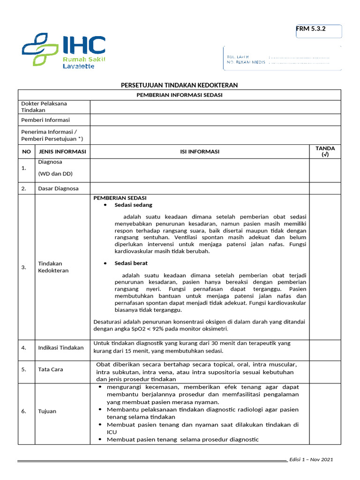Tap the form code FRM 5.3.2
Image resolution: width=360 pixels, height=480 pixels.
pos(311,29)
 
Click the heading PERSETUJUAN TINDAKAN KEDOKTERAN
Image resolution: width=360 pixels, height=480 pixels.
pos(180,85)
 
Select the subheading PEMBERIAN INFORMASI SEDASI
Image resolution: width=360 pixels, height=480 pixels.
pos(179,95)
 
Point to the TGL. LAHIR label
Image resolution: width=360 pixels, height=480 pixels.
pos(238,56)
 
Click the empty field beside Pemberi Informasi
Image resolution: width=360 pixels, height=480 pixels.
pos(215,120)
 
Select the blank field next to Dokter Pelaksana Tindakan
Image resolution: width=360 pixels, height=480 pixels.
pos(215,107)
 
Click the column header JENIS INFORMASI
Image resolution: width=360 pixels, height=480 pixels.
pos(62,151)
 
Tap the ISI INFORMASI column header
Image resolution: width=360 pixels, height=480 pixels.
pos(200,151)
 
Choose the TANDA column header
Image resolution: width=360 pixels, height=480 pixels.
pos(325,151)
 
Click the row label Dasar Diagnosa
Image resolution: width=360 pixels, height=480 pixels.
pos(58,188)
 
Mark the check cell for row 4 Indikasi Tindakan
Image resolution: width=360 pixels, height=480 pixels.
pos(325,347)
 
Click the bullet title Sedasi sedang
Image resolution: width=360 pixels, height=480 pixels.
pos(133,205)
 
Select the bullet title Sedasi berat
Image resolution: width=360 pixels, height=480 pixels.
pos(131,263)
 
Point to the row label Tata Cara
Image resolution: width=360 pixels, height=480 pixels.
pos(50,369)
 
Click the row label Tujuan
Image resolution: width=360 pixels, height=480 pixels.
pos(47,411)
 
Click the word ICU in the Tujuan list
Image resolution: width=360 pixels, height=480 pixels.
pos(112,432)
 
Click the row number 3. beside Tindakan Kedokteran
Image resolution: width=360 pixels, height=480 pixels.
pos(24,267)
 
